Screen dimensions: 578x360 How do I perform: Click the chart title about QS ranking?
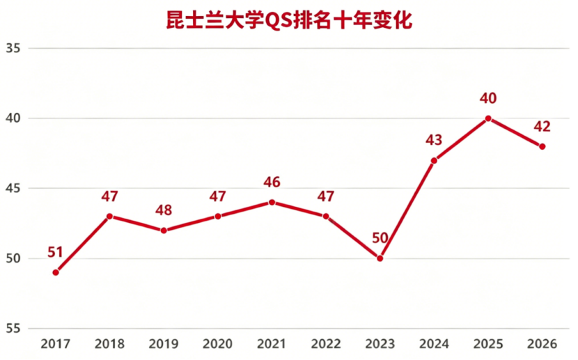pyautogui.click(x=289, y=21)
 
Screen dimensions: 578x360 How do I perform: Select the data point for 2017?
pyautogui.click(x=56, y=273)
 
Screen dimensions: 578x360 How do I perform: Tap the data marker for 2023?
pyautogui.click(x=380, y=258)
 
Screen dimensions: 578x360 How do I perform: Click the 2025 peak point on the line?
pyautogui.click(x=488, y=118)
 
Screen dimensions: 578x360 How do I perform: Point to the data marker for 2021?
pyautogui.click(x=272, y=203)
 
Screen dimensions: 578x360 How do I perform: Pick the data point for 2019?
pyautogui.click(x=164, y=230)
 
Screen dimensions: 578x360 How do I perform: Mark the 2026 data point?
pyautogui.click(x=542, y=147)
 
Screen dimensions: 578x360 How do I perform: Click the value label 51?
pyautogui.click(x=55, y=252)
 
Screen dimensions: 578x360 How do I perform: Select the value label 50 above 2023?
pyautogui.click(x=380, y=238)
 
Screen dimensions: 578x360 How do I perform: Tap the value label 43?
pyautogui.click(x=434, y=140)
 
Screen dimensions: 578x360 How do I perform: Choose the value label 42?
pyautogui.click(x=542, y=127)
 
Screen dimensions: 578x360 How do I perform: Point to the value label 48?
pyautogui.click(x=164, y=210)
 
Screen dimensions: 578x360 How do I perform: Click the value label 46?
pyautogui.click(x=272, y=182)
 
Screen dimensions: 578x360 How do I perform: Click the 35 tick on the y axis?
pyautogui.click(x=13, y=48)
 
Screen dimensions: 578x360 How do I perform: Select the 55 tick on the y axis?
pyautogui.click(x=13, y=329)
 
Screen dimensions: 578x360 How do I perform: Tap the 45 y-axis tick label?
pyautogui.click(x=13, y=188)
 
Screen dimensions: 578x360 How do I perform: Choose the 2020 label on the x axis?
pyautogui.click(x=217, y=344)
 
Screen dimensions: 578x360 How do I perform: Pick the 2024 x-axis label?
pyautogui.click(x=434, y=344)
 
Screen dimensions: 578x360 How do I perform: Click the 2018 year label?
pyautogui.click(x=109, y=344)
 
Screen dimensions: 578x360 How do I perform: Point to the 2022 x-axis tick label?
pyautogui.click(x=326, y=344)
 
